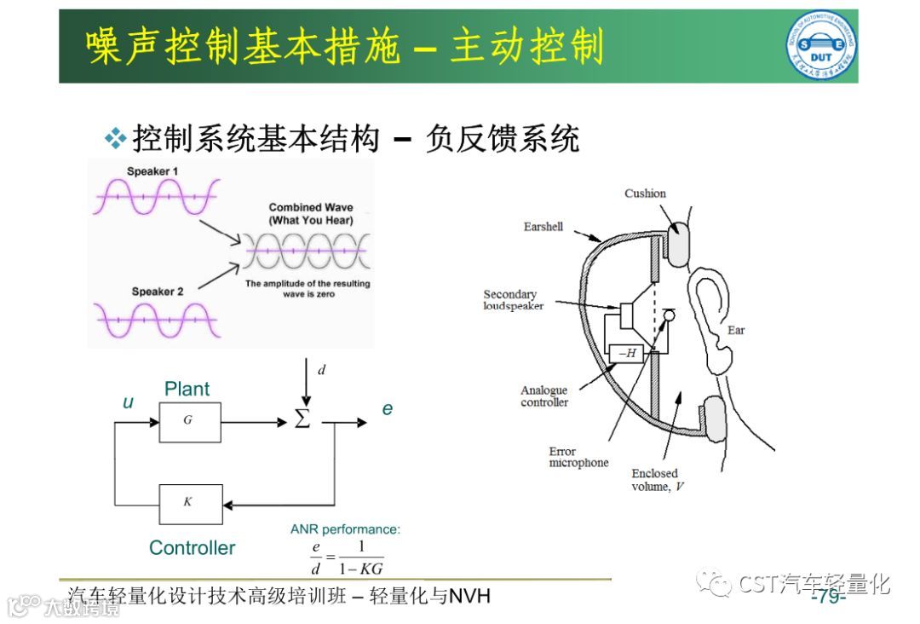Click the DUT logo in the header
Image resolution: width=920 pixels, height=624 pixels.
[820, 46]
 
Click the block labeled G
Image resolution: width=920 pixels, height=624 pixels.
[189, 421]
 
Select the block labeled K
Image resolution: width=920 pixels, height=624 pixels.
[189, 503]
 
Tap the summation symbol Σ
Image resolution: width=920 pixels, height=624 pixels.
[302, 420]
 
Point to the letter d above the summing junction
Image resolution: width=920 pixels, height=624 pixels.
[321, 370]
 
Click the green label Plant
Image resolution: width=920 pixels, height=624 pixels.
[187, 390]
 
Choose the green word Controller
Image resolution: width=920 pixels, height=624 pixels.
[192, 548]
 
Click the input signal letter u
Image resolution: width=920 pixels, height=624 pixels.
[128, 402]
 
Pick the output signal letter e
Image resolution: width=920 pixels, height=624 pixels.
[388, 409]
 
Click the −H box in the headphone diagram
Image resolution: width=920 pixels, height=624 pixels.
[627, 353]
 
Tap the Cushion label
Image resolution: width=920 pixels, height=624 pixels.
[645, 194]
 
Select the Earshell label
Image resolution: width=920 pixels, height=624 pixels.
[543, 227]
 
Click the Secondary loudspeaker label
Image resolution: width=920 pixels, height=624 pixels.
[513, 300]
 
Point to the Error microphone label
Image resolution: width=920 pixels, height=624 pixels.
[578, 457]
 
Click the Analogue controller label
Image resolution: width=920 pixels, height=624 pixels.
[543, 396]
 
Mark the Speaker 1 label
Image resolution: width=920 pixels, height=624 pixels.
[152, 171]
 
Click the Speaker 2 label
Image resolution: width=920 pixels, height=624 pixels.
[158, 292]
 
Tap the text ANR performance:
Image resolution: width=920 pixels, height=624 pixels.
[345, 529]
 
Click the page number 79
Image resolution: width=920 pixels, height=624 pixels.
[828, 597]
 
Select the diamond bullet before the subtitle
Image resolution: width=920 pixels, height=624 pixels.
[115, 137]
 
